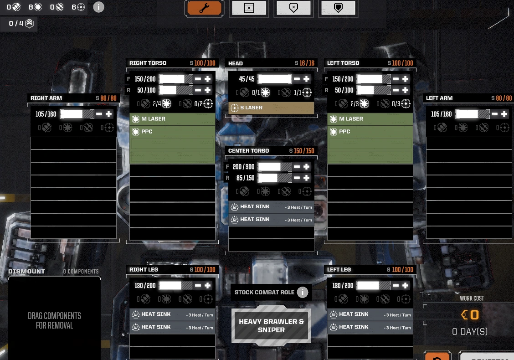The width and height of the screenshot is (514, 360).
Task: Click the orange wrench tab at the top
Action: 204,8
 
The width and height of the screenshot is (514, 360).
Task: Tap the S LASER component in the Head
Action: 271,108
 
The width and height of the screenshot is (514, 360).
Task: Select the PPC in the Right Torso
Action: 172,132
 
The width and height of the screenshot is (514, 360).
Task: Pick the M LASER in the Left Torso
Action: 370,119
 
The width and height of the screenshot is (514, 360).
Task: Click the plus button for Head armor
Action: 306,79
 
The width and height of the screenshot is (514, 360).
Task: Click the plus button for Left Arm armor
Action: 504,114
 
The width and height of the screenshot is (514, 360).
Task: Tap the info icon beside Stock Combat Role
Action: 303,292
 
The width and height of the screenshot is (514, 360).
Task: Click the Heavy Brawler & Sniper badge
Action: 271,325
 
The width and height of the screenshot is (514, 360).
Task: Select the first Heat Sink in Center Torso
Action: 271,207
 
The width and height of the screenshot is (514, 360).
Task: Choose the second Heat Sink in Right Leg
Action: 172,327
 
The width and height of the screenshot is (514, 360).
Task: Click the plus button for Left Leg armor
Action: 405,286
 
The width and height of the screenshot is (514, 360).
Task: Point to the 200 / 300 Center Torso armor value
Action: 243,167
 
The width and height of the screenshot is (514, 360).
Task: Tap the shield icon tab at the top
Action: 338,8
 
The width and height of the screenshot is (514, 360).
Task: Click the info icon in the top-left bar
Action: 98,7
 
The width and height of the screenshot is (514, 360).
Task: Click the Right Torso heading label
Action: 148,63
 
